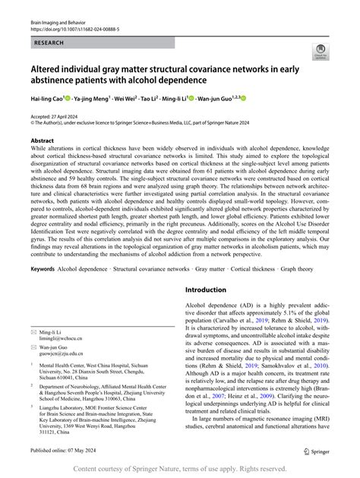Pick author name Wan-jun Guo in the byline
[227, 98]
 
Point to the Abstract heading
[42, 141]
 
